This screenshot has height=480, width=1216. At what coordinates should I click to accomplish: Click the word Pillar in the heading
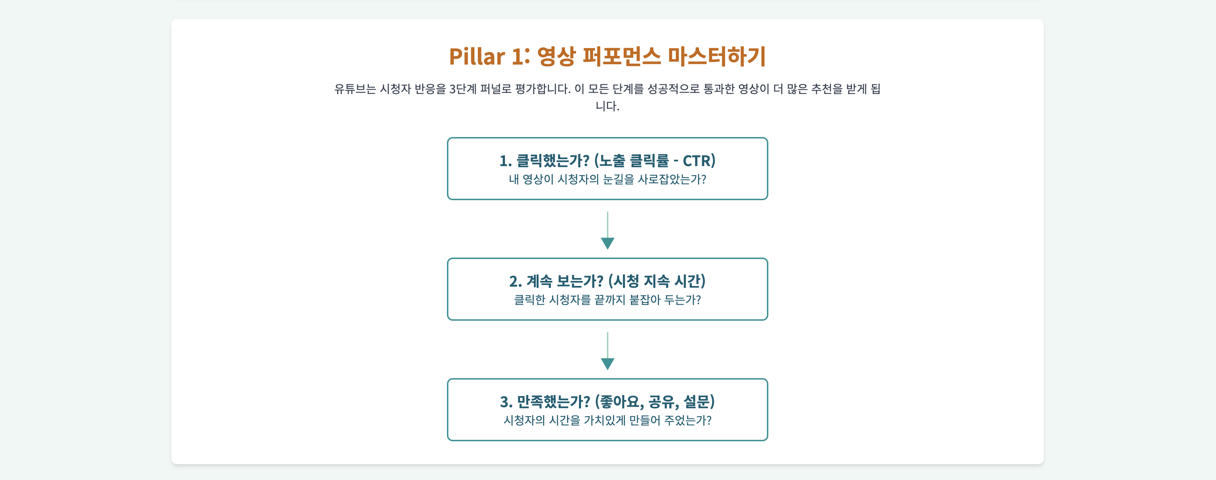[x=477, y=57]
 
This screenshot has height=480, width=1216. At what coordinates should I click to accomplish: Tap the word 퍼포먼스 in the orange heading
[x=621, y=57]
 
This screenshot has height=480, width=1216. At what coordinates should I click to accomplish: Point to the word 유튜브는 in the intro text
[x=354, y=89]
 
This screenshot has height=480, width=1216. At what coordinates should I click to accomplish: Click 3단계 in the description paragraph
[x=463, y=89]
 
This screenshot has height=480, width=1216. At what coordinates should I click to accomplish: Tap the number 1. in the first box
[x=505, y=161]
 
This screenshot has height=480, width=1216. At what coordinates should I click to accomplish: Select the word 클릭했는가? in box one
[x=553, y=161]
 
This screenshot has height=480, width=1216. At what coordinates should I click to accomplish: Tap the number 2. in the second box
[x=515, y=282]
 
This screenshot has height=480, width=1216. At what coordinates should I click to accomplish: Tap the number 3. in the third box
[x=506, y=402]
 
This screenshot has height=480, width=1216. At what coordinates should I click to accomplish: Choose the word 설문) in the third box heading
[x=699, y=402]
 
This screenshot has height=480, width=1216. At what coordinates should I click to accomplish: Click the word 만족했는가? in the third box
[x=553, y=402]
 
